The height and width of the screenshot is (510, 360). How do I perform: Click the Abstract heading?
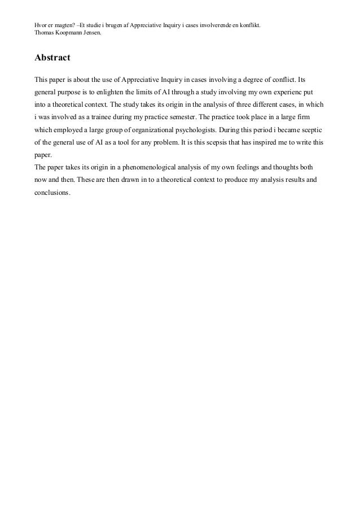pos(52,58)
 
